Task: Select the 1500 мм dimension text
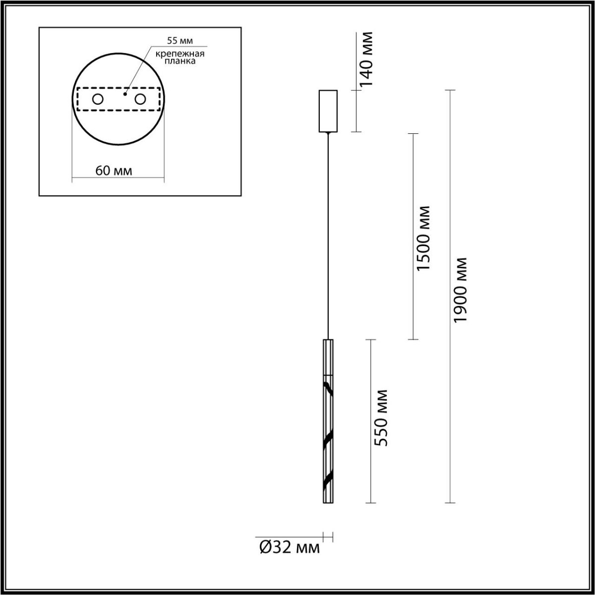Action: point(424,238)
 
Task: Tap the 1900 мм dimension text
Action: point(461,290)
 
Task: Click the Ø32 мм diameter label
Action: point(290,547)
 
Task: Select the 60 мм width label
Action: point(114,171)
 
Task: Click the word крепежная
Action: point(178,54)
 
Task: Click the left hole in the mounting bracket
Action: point(98,99)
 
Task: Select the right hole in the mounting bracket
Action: point(140,99)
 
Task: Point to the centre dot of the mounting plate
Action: point(125,93)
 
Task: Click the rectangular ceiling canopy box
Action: point(328,111)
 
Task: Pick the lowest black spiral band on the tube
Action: point(328,480)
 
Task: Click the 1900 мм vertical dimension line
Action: point(450,397)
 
